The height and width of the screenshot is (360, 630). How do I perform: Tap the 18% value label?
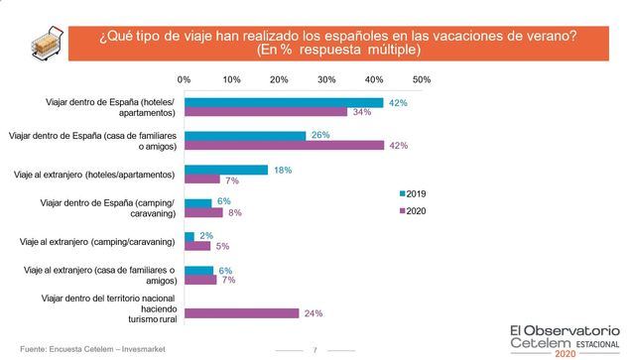pos(282,170)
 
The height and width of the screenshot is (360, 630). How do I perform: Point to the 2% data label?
pos(205,236)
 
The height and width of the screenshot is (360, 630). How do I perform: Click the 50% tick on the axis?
pos(421,78)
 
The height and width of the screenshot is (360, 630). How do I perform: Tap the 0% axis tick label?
pos(184,78)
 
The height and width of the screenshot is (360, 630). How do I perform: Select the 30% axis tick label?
pos(326,78)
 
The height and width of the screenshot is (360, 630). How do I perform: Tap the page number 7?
pos(315,349)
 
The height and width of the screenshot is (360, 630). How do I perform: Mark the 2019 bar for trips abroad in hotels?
pos(226,170)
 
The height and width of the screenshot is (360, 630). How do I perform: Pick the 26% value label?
pos(319,135)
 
